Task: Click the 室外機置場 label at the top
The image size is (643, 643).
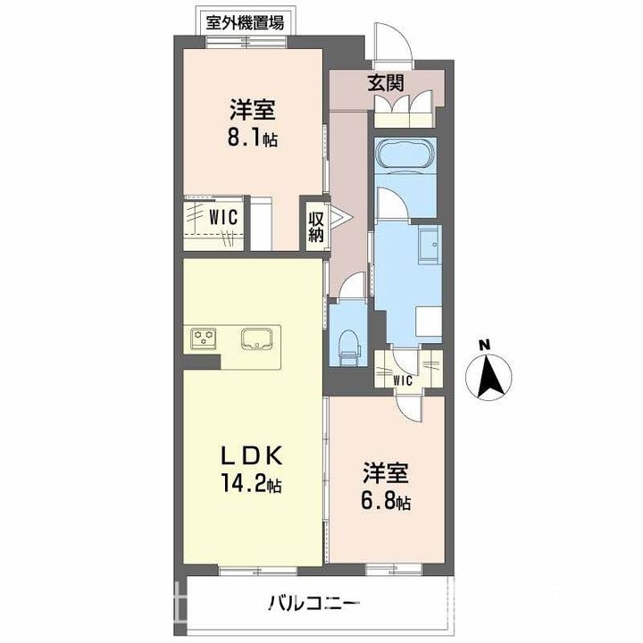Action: (x=245, y=22)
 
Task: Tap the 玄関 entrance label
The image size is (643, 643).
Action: (x=386, y=83)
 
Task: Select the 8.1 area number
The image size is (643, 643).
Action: (x=246, y=139)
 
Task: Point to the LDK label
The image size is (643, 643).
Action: (x=252, y=455)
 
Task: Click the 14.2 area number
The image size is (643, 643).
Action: (x=244, y=483)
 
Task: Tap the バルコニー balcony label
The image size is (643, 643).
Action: (x=315, y=604)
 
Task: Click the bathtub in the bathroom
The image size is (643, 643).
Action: (x=405, y=155)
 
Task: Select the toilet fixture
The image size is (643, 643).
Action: (x=349, y=347)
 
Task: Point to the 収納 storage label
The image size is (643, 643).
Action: (x=316, y=227)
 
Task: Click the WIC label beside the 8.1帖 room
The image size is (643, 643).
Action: (x=223, y=217)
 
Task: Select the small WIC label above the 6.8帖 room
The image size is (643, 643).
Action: (x=403, y=381)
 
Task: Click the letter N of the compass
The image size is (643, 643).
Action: (x=486, y=345)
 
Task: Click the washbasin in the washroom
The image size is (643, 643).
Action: (x=429, y=245)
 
